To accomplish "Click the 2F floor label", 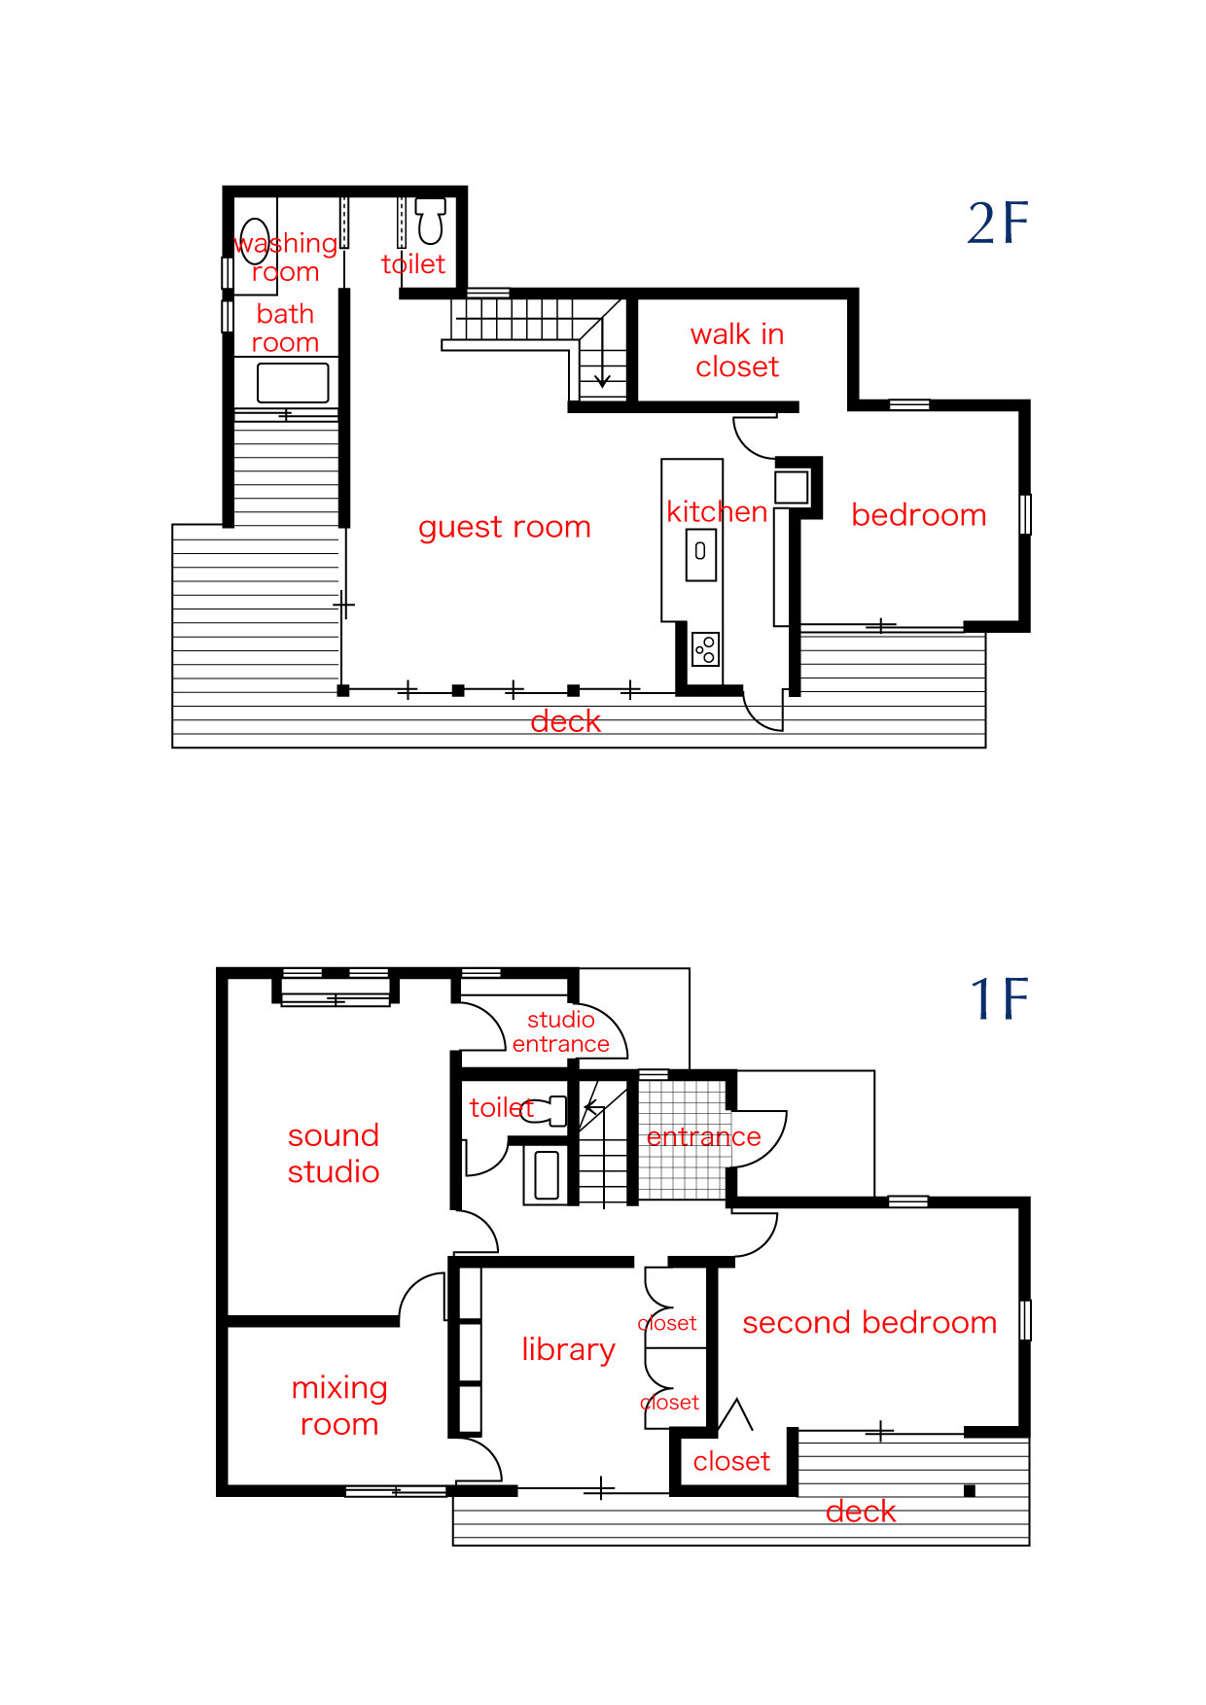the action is (998, 224).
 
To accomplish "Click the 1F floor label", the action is (1000, 999).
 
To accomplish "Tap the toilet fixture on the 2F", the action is (430, 221).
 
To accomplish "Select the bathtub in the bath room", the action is (293, 383).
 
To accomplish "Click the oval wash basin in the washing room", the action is (254, 241).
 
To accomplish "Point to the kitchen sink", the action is (700, 554).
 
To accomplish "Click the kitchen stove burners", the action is (705, 649).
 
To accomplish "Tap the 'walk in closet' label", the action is (737, 350).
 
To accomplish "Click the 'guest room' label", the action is (505, 527).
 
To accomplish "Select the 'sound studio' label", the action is (334, 1153).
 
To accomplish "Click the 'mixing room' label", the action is (339, 1406).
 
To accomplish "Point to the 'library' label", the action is (568, 1349).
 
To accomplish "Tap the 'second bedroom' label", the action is (869, 1322).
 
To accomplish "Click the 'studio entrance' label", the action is (561, 1031).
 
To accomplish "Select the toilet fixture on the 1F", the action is (547, 1110).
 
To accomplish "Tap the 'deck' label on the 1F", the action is (861, 1512).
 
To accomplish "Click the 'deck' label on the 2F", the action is (566, 721).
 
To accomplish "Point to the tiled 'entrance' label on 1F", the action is (704, 1136).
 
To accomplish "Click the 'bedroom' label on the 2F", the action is (919, 514).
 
